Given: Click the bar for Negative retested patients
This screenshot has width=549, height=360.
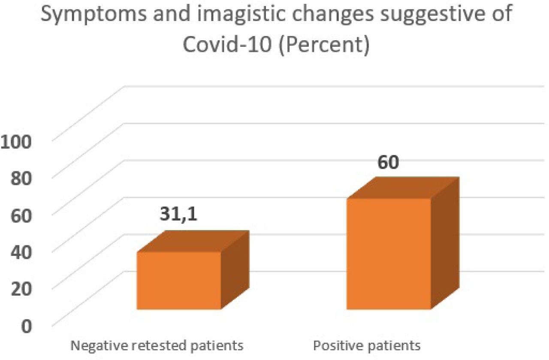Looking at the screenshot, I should pos(179,280).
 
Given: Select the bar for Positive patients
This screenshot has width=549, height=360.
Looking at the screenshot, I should pos(388,253).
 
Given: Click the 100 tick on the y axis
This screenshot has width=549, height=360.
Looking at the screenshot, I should pos(16,142).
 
